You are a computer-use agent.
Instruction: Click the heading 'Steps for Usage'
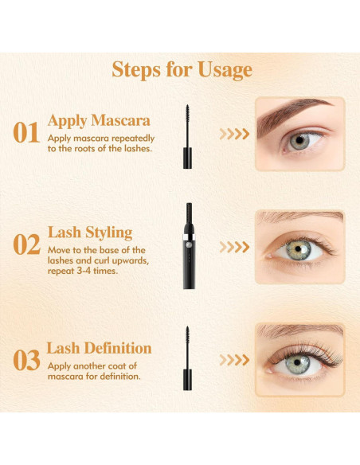click(x=182, y=70)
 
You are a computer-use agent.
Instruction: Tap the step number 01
click(x=26, y=132)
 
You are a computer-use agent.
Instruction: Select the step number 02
click(x=27, y=244)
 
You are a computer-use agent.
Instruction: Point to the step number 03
click(x=27, y=360)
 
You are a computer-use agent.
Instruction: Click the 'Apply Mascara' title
click(x=99, y=121)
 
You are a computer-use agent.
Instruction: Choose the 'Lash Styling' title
click(x=90, y=232)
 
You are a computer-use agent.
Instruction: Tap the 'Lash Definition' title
click(x=99, y=348)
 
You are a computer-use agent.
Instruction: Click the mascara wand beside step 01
click(x=187, y=137)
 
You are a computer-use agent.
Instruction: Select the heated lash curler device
click(x=189, y=246)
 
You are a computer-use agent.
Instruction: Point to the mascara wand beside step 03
click(x=187, y=358)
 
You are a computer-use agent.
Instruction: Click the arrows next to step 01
click(x=234, y=134)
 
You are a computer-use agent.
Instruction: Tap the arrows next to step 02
click(x=234, y=247)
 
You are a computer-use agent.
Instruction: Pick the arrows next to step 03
click(x=234, y=360)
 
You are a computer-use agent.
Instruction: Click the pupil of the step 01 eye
click(x=299, y=140)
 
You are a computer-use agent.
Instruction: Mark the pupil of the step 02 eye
click(x=298, y=249)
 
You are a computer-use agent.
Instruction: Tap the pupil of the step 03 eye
click(x=297, y=362)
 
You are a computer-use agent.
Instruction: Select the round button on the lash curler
click(x=188, y=244)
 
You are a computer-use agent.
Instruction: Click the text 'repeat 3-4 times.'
click(x=83, y=271)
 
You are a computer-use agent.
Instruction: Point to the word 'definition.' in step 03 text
click(x=120, y=377)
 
